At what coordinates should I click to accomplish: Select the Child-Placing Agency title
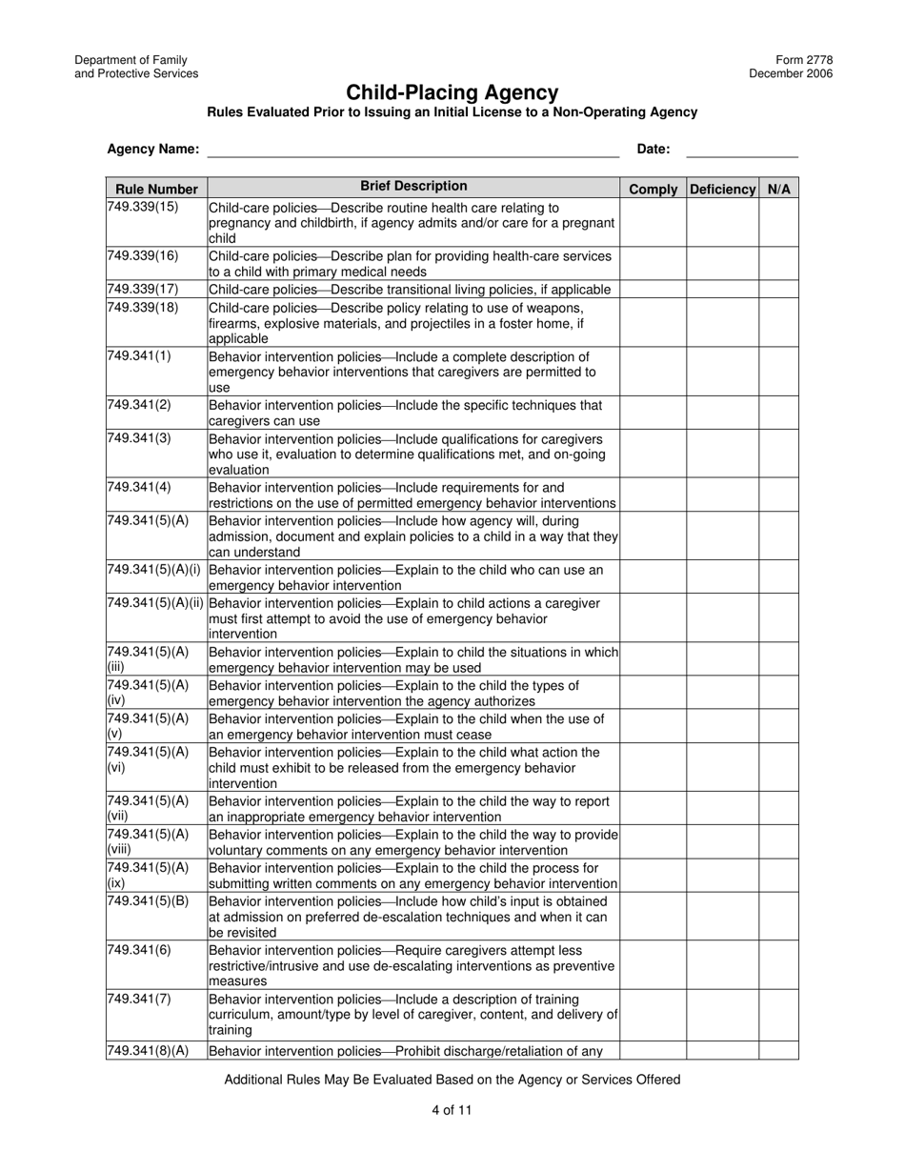[452, 92]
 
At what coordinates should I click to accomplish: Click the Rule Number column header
[156, 189]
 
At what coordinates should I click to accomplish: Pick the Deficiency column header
[722, 189]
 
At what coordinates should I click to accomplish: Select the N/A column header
[778, 189]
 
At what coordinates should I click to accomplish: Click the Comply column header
[654, 189]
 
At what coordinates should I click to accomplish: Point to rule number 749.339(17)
[143, 290]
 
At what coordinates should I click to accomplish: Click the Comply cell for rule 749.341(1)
[654, 372]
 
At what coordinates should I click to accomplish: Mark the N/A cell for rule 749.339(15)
[778, 223]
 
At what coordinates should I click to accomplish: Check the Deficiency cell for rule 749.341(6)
[722, 965]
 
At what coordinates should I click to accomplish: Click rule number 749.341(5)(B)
[148, 901]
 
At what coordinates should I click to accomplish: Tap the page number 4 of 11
[452, 1109]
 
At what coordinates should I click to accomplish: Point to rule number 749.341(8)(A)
[148, 1051]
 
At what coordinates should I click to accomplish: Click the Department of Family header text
[131, 60]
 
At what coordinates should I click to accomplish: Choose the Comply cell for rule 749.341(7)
[654, 1014]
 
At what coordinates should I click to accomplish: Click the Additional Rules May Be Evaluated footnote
[452, 1080]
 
